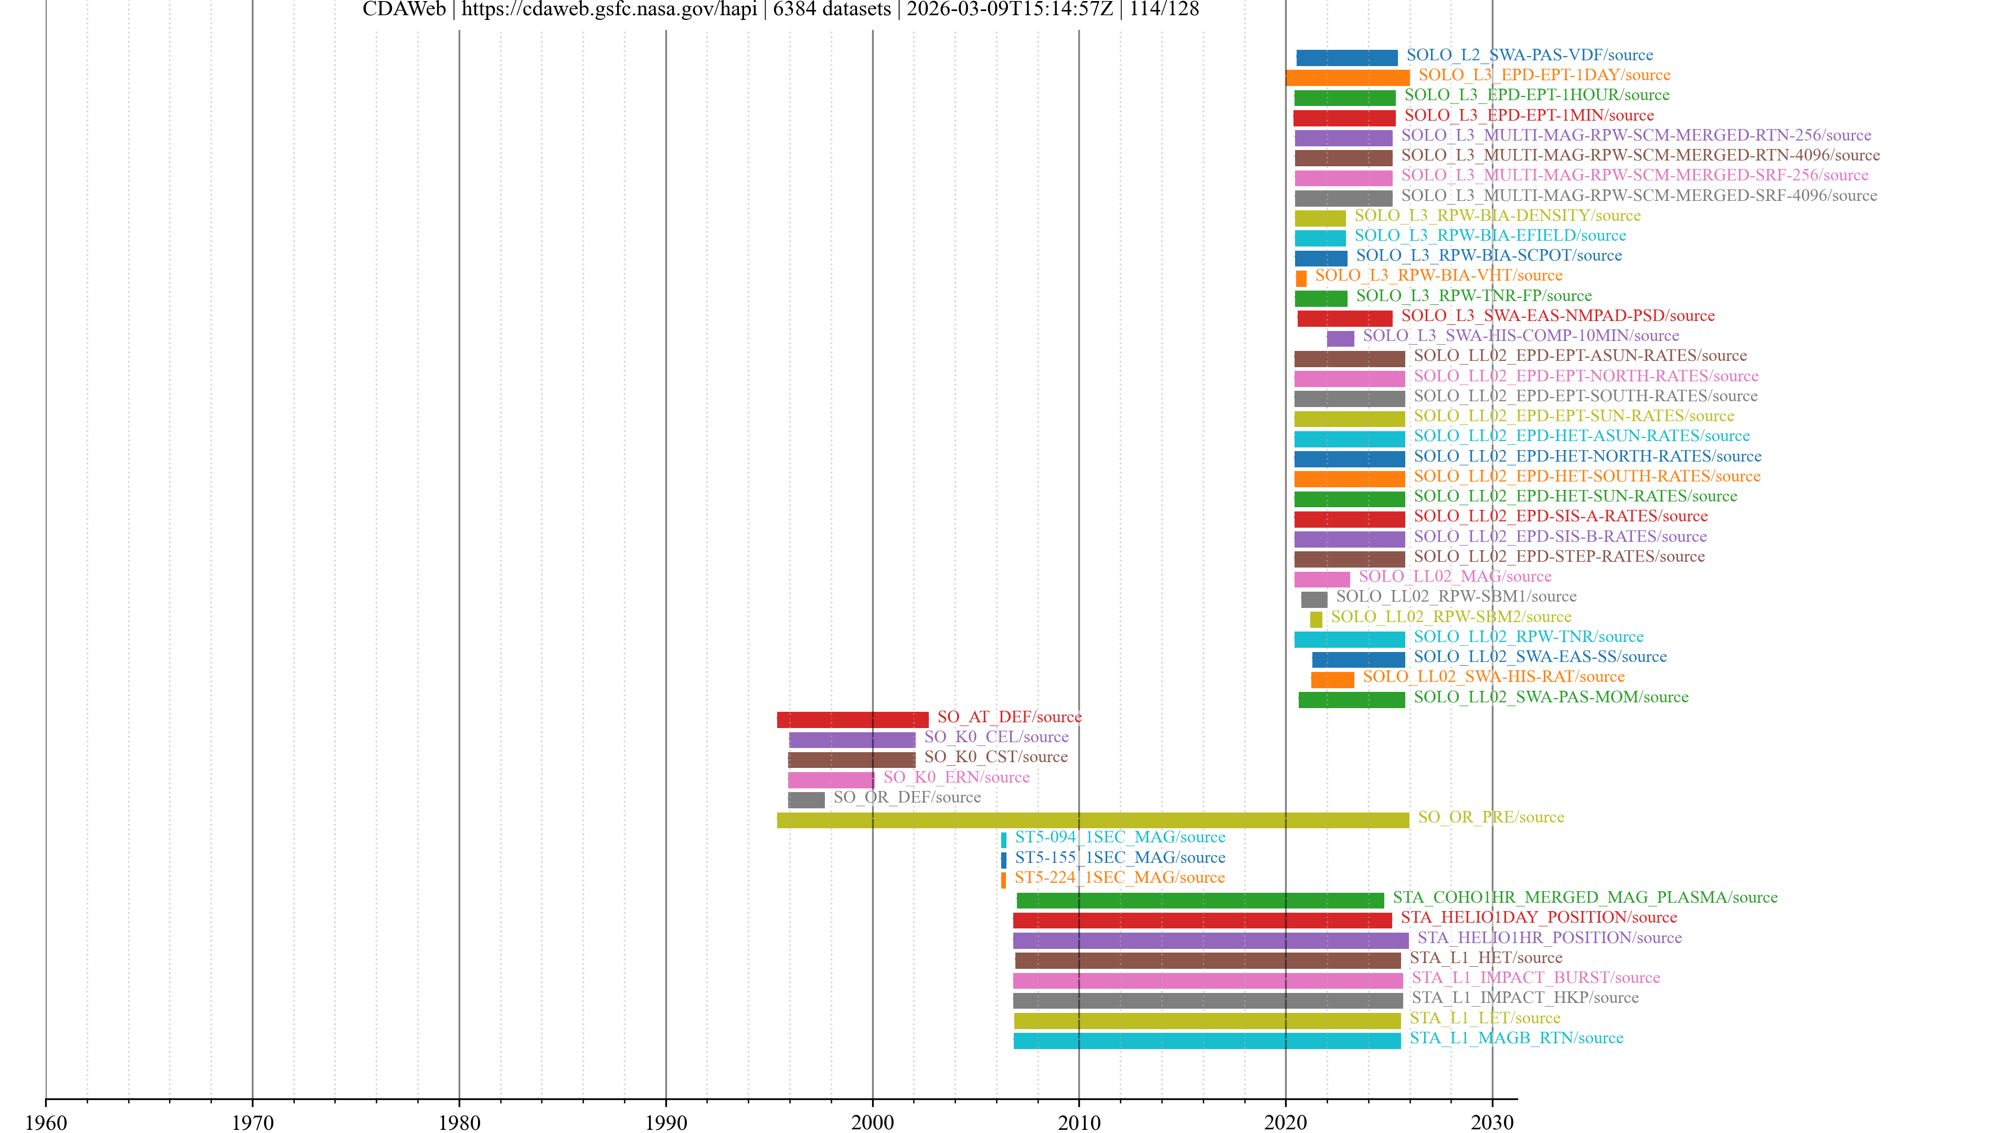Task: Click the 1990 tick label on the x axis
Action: click(666, 1122)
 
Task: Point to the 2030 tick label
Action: click(1492, 1122)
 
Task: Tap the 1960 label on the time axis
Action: click(46, 1122)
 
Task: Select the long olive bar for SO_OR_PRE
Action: click(1092, 819)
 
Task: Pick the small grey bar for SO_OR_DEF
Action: click(805, 799)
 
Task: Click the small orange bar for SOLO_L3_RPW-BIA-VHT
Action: click(1301, 279)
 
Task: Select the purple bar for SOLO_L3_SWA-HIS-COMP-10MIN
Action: click(1340, 338)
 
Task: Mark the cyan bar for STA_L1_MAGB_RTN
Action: click(1207, 1040)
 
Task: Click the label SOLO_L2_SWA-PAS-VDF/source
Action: click(1529, 55)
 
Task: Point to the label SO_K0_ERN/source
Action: click(956, 777)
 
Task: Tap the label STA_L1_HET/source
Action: click(1486, 957)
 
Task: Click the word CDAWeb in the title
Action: click(404, 9)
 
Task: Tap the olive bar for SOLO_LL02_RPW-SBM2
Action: click(1316, 619)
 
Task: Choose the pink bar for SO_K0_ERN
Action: click(830, 779)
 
